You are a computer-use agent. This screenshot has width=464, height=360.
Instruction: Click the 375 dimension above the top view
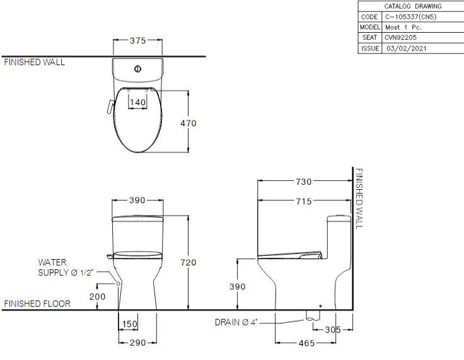pyautogui.click(x=137, y=41)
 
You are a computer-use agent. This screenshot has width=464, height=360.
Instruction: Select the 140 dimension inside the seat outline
pyautogui.click(x=137, y=102)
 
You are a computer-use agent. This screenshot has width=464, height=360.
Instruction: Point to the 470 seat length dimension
pyautogui.click(x=188, y=123)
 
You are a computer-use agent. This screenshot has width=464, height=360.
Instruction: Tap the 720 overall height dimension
pyautogui.click(x=188, y=262)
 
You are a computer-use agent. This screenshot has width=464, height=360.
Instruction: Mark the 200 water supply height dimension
pyautogui.click(x=97, y=296)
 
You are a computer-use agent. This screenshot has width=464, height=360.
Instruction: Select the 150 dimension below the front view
pyautogui.click(x=129, y=324)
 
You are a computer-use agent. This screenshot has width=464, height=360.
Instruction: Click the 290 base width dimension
pyautogui.click(x=137, y=342)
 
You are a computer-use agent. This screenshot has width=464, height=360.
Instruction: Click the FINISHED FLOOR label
pyautogui.click(x=37, y=304)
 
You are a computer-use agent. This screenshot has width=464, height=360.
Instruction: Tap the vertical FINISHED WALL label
pyautogui.click(x=359, y=199)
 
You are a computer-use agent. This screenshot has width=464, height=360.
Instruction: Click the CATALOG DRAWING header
pyautogui.click(x=412, y=6)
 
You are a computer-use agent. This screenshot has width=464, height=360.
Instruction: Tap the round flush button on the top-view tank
pyautogui.click(x=137, y=69)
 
